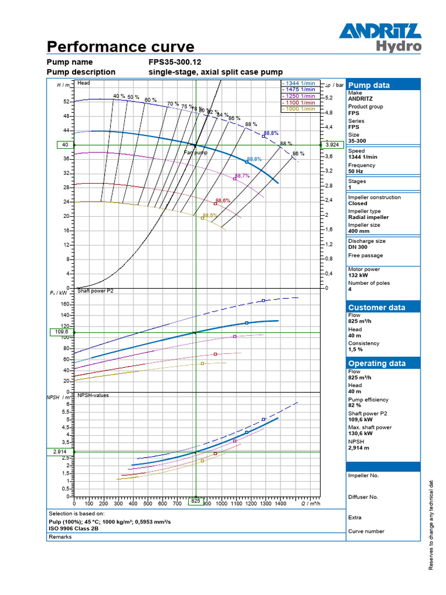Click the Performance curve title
120,47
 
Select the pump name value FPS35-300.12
175,62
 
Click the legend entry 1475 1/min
298,89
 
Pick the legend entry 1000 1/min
298,109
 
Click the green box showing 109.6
61,332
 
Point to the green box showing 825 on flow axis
196,500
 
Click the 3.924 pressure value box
332,145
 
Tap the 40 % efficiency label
119,96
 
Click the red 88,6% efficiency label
222,200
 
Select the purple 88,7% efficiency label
242,175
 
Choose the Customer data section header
376,307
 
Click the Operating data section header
376,363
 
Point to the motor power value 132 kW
360,275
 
